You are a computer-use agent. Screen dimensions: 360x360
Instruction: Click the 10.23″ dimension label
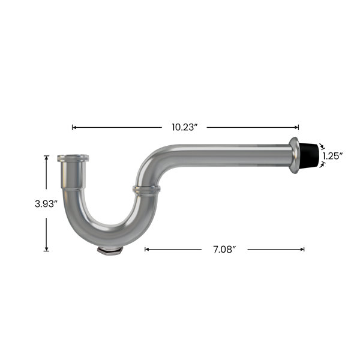click(x=185, y=127)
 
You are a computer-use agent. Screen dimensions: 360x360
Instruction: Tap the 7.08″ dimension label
click(x=224, y=250)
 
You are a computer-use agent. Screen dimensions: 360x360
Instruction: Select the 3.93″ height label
click(x=46, y=203)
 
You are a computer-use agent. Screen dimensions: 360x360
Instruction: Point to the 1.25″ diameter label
click(x=332, y=156)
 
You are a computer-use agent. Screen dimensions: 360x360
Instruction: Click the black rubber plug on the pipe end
click(x=308, y=155)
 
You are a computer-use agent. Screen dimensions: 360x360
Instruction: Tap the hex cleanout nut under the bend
click(x=110, y=250)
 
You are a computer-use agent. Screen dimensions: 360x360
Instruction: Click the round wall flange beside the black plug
click(x=294, y=155)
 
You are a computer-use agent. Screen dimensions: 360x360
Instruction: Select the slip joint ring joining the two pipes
click(x=146, y=190)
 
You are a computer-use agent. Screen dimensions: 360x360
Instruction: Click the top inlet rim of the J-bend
click(x=73, y=158)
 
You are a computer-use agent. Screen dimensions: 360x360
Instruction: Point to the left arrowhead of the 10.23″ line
click(x=74, y=127)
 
